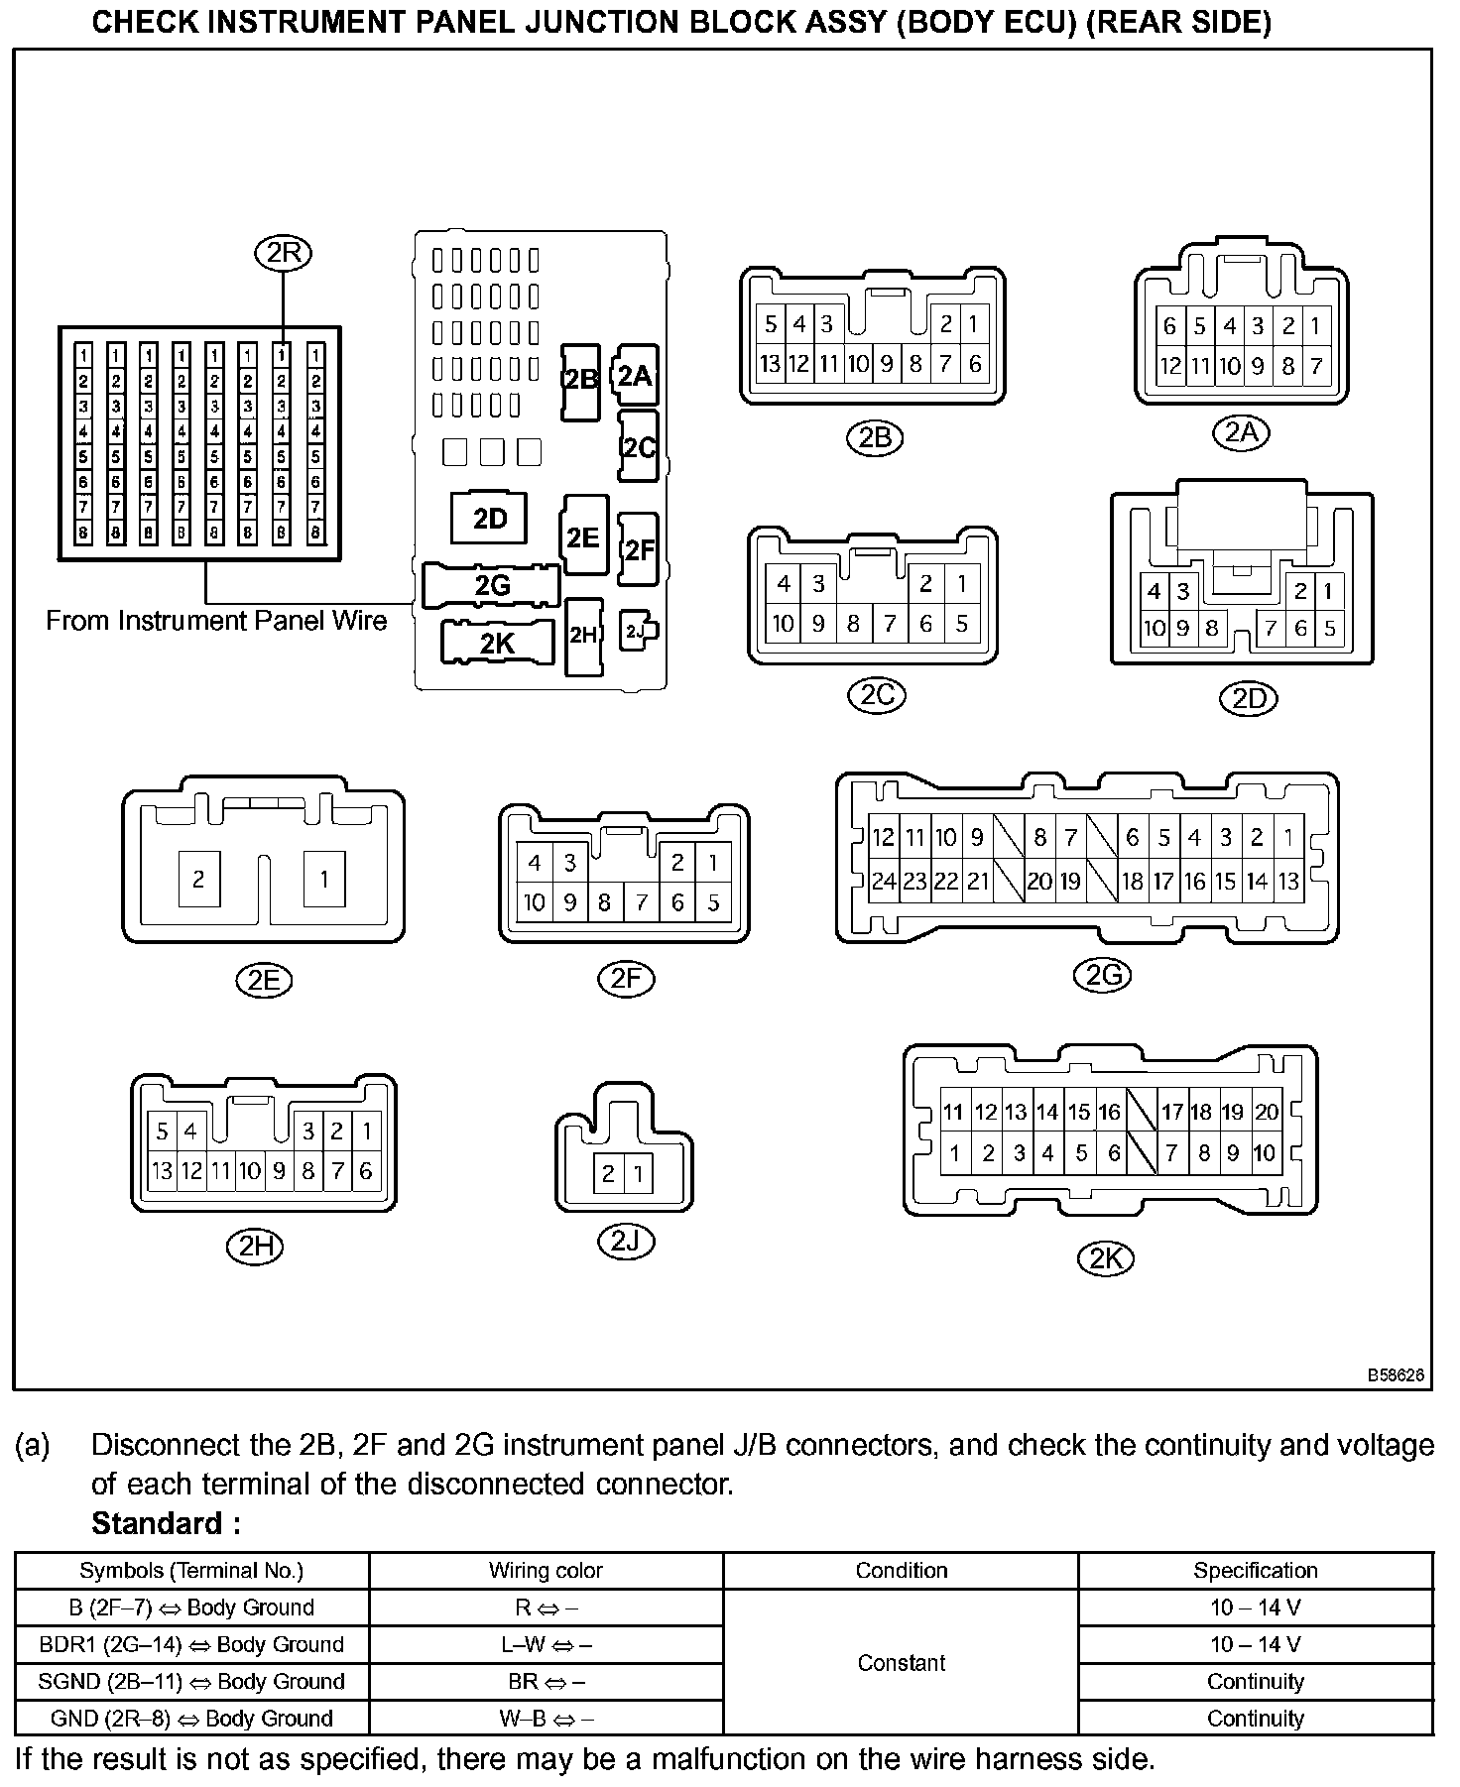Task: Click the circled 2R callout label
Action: tap(283, 254)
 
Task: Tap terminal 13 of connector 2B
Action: tap(770, 364)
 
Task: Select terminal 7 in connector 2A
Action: tap(1316, 366)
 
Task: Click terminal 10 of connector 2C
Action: tap(784, 624)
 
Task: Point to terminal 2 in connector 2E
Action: tap(198, 879)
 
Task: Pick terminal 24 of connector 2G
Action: tap(883, 881)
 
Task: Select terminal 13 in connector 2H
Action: tap(162, 1171)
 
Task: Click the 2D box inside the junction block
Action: tap(490, 519)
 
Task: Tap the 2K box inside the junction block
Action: tap(497, 643)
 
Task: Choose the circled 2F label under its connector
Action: tap(626, 979)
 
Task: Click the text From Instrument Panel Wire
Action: tap(216, 621)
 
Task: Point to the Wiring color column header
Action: tap(546, 1570)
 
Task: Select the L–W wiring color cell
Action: tap(546, 1644)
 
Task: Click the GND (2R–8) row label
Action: tap(191, 1718)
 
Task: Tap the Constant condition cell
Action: tap(901, 1662)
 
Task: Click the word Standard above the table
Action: tap(166, 1523)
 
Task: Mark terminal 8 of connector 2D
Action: tap(1211, 628)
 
